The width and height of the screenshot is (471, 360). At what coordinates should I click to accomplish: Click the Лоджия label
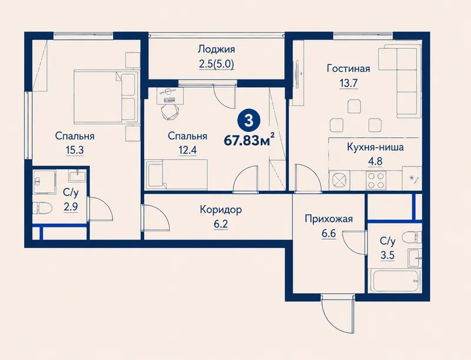(216, 49)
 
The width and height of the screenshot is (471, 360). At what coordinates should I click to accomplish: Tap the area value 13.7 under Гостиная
(348, 83)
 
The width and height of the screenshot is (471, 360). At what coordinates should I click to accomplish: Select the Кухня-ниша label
(375, 147)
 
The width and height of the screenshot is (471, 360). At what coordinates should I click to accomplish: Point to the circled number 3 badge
(248, 121)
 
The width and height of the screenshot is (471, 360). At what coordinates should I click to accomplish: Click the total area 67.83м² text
(249, 140)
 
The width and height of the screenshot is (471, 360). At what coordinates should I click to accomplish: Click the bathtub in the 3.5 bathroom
(394, 281)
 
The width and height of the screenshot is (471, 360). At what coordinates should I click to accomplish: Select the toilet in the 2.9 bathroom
(42, 207)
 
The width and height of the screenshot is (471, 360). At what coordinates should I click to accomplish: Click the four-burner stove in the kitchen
(376, 180)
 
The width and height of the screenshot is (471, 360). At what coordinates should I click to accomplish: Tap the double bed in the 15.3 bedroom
(106, 96)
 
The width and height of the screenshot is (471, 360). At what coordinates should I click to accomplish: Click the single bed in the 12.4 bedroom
(177, 174)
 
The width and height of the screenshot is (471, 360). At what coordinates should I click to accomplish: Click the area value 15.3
(75, 150)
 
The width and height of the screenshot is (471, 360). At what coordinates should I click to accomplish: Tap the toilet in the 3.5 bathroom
(412, 237)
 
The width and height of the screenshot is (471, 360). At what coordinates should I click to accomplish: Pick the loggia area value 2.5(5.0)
(216, 64)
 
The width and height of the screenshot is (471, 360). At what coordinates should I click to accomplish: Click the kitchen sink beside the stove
(339, 180)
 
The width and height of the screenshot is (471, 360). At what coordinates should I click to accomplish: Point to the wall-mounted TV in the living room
(297, 73)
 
